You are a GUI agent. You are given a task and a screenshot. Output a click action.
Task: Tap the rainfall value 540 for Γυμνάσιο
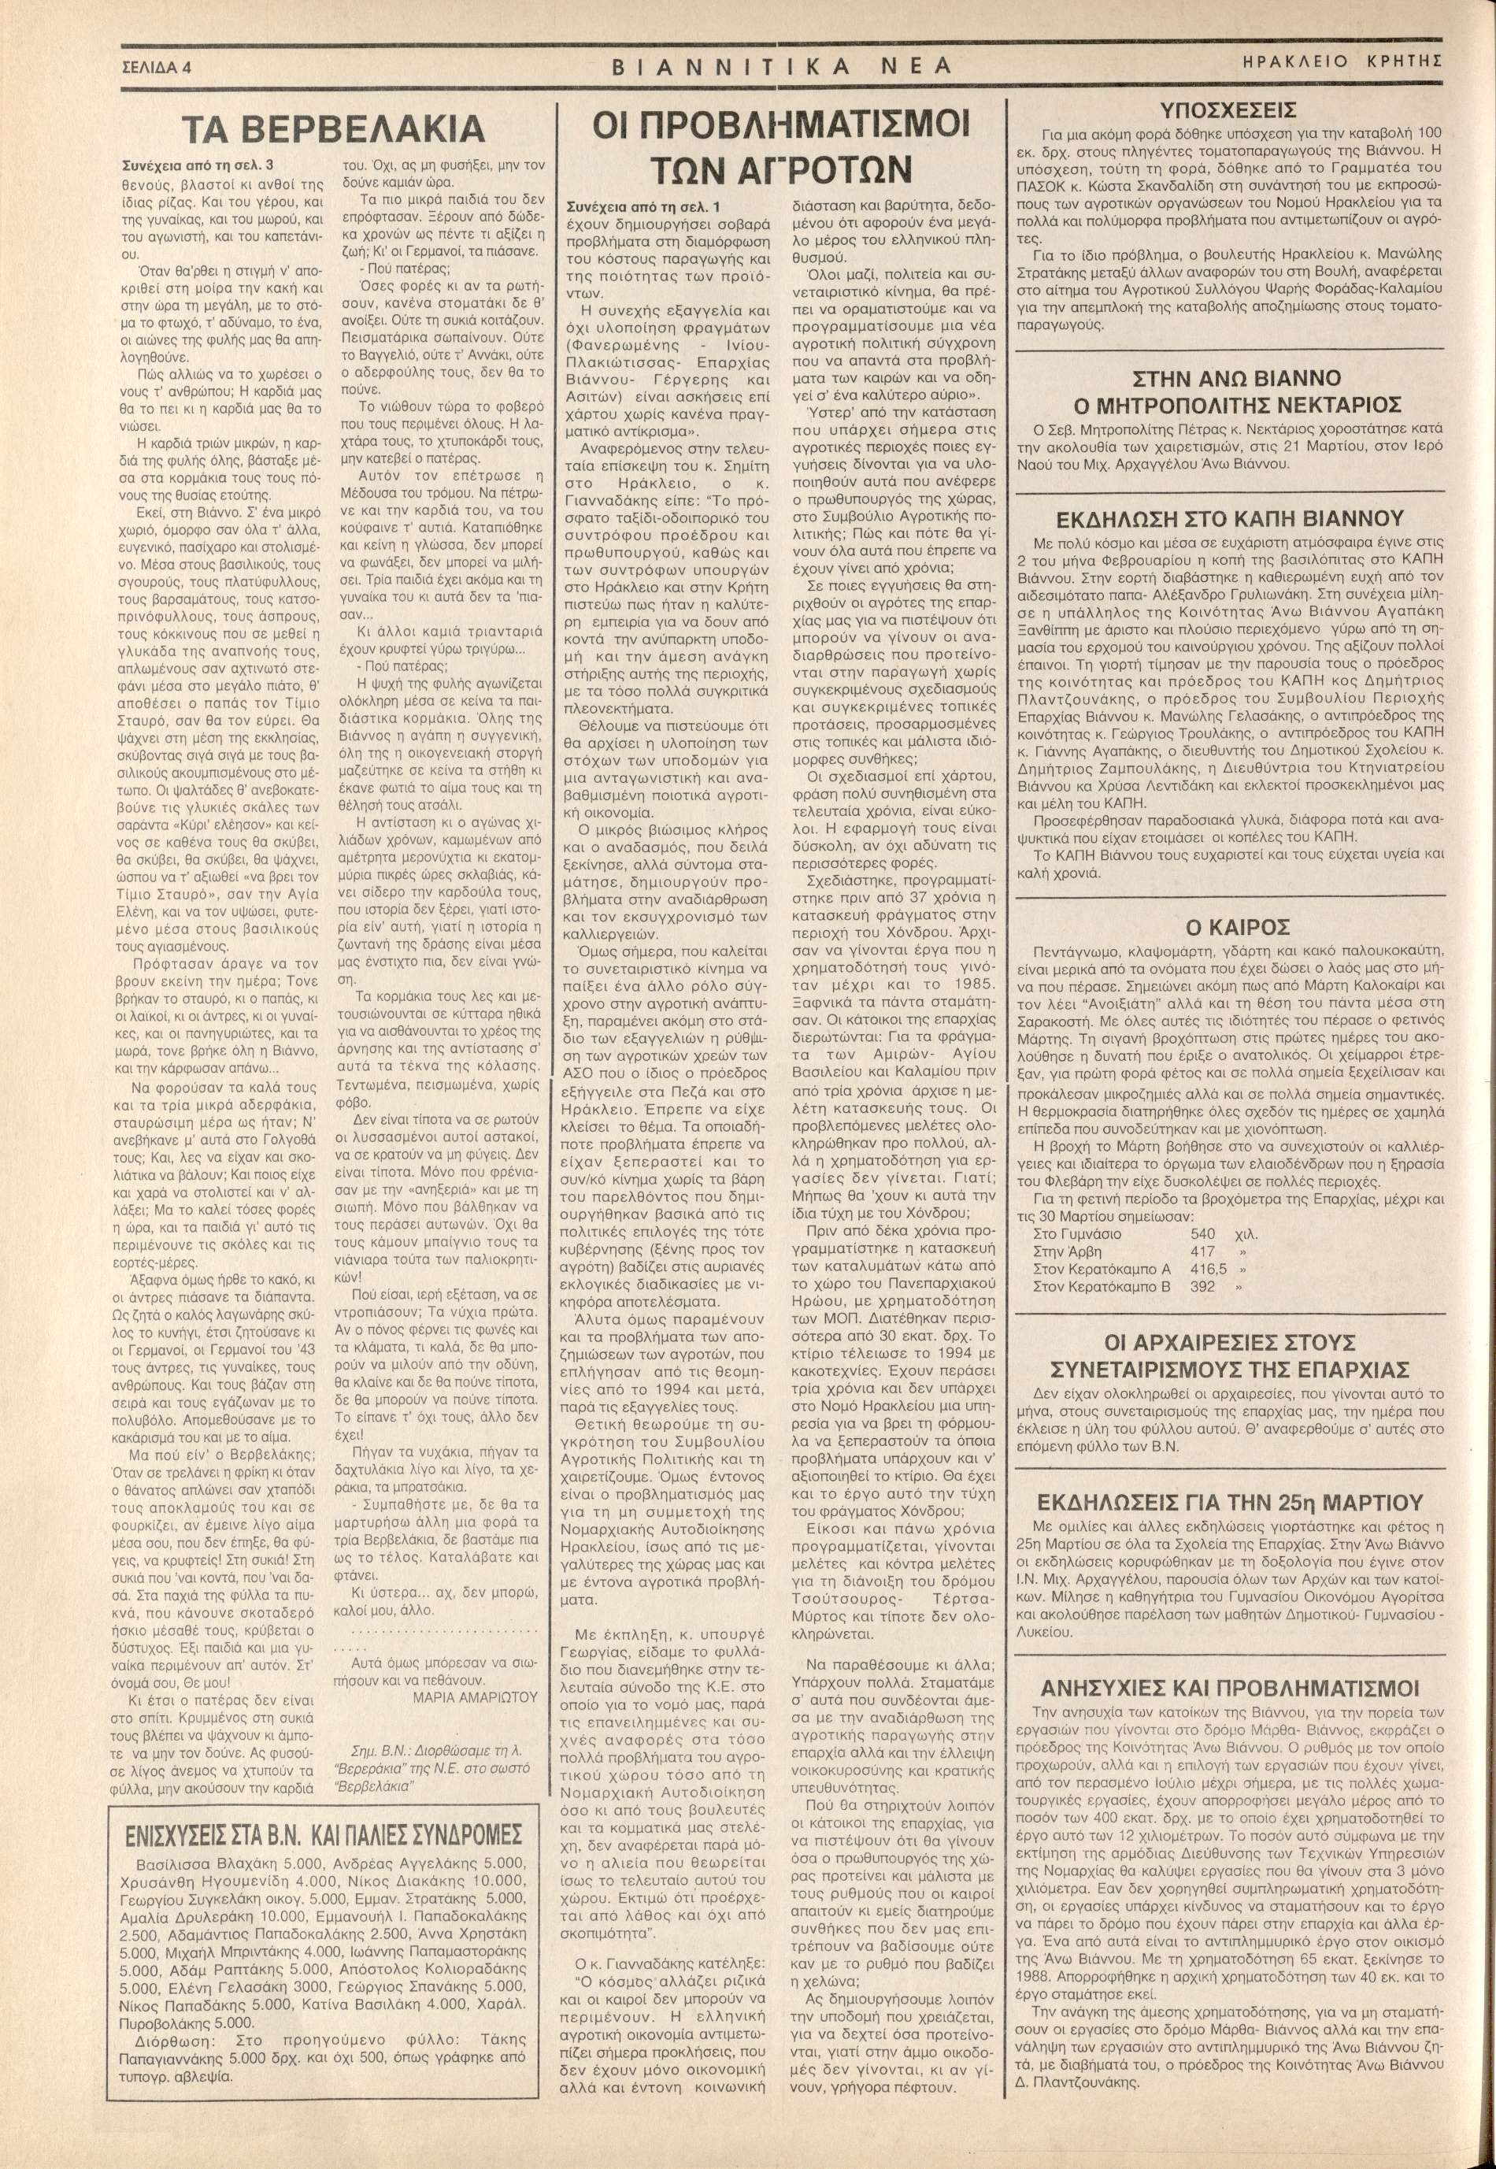pyautogui.click(x=1202, y=1233)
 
